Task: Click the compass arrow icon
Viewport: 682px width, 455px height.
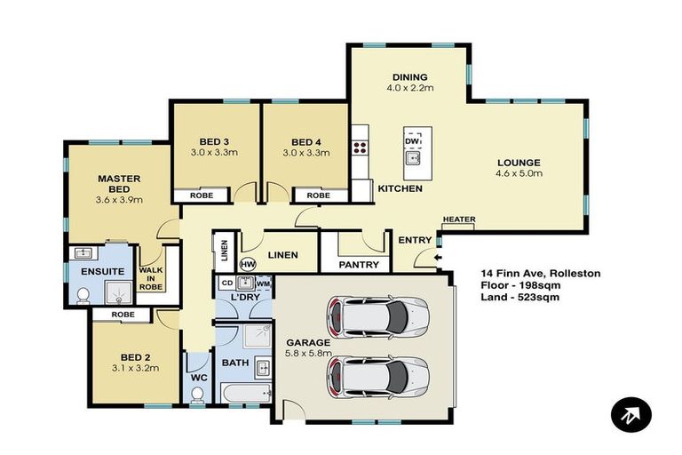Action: pos(631,414)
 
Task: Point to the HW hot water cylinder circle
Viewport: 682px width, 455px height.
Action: pos(248,264)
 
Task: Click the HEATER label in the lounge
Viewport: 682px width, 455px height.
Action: pos(458,220)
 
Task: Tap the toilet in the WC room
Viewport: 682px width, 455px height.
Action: pos(197,394)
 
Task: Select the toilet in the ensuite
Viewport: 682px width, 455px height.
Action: pos(83,295)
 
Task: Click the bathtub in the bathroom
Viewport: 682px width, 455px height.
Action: pos(244,395)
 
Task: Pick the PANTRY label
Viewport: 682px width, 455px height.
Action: pos(359,265)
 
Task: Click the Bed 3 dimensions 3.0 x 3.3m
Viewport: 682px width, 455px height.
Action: pos(214,153)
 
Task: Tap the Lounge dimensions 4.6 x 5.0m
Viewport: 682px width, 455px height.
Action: pos(519,173)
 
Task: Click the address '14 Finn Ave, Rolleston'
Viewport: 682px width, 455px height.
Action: pos(540,273)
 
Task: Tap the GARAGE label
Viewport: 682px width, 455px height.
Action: pos(307,342)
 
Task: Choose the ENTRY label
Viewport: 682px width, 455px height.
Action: pos(415,240)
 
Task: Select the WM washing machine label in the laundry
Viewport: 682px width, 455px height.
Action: pos(263,283)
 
